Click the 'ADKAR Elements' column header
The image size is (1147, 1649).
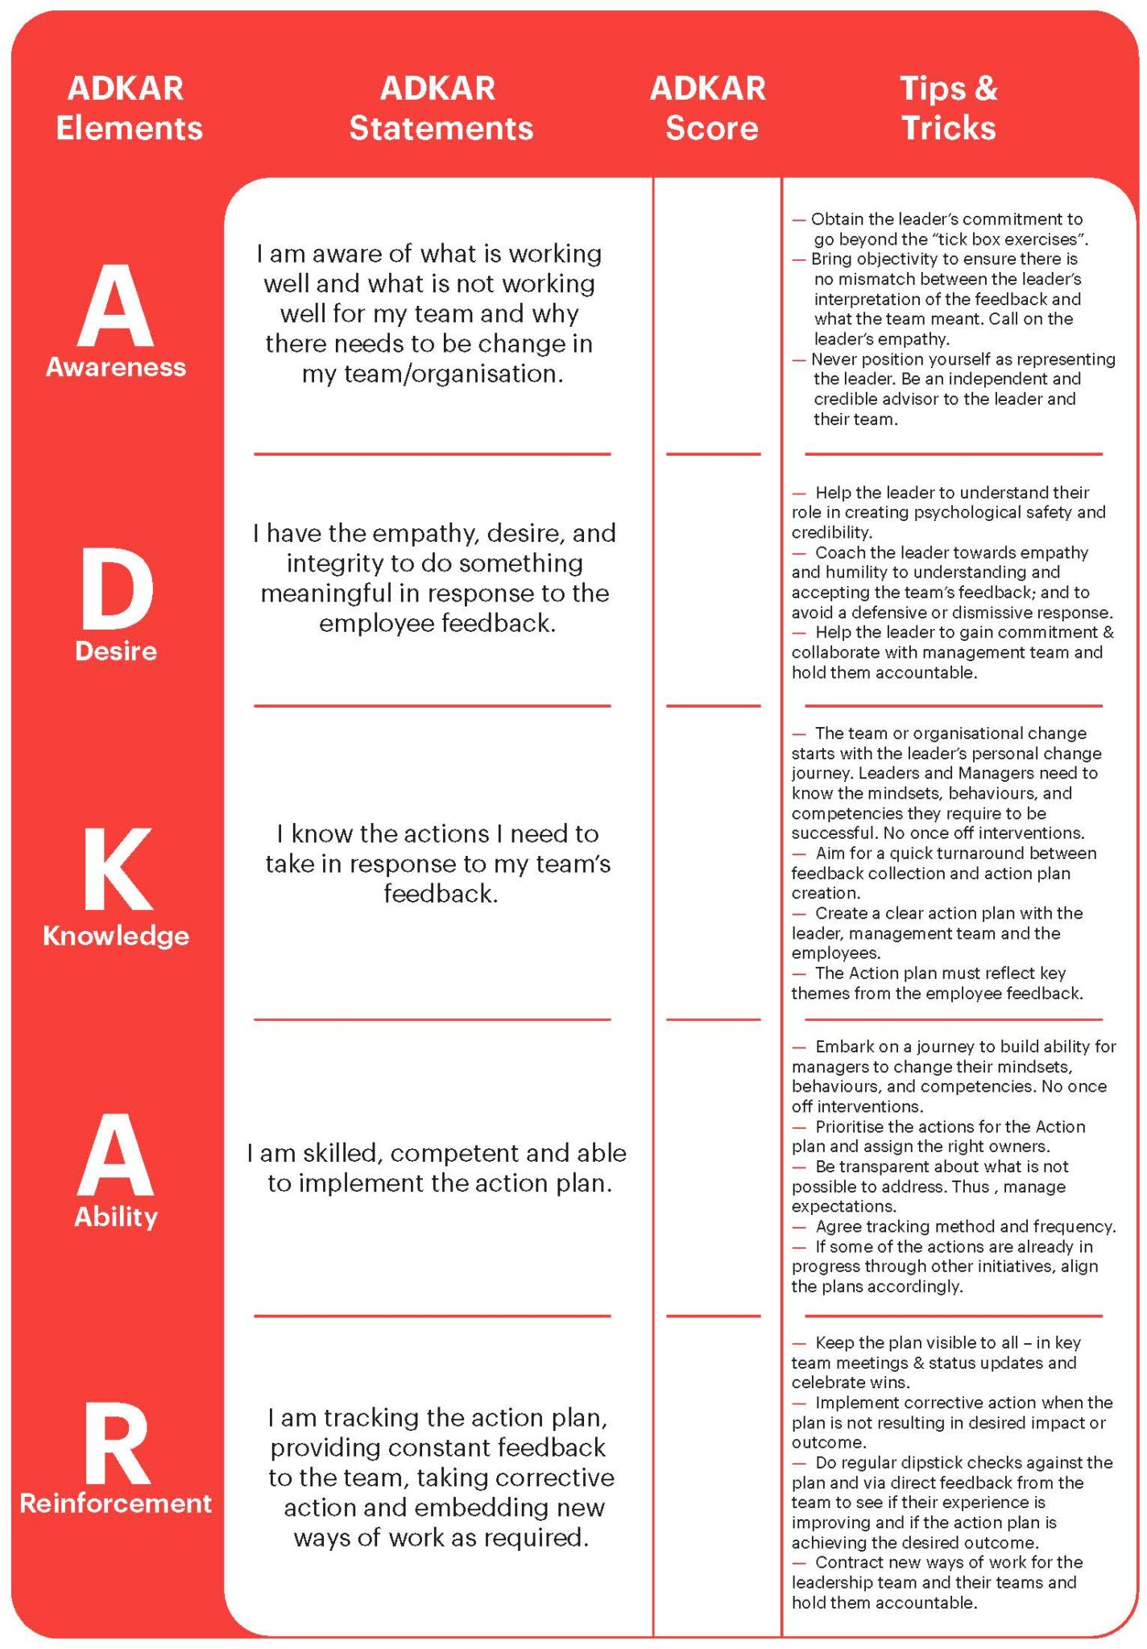pyautogui.click(x=127, y=108)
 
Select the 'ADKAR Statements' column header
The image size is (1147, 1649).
pyautogui.click(x=440, y=108)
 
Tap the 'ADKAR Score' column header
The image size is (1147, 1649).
pyautogui.click(x=709, y=108)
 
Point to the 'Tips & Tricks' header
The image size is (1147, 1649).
pyautogui.click(x=948, y=108)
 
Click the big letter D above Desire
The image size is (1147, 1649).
pyautogui.click(x=116, y=589)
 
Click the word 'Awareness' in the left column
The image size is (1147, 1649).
pyautogui.click(x=115, y=367)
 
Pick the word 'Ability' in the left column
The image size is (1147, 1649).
pyautogui.click(x=115, y=1216)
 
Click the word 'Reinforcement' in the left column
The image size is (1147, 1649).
pyautogui.click(x=115, y=1502)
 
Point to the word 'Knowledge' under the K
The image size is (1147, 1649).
pyautogui.click(x=115, y=936)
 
